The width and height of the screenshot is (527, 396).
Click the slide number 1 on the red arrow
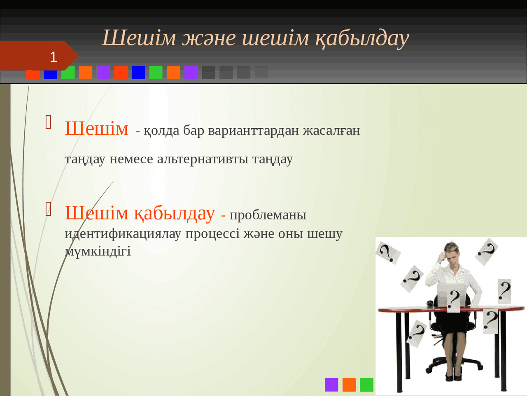pos(54,57)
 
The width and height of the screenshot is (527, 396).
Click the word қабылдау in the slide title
pos(362,38)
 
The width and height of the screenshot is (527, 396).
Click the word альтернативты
pos(203,159)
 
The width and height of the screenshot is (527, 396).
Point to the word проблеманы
pos(268,215)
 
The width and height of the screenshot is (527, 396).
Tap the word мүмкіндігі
pos(98,251)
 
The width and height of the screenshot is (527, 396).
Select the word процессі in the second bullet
pos(212,233)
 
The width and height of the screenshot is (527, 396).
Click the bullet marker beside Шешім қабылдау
pos(49,209)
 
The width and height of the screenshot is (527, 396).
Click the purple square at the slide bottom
pos(331,385)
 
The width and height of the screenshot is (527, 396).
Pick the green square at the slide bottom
pos(366,385)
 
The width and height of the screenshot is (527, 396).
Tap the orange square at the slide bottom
pos(349,385)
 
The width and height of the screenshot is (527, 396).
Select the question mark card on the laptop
pos(454,300)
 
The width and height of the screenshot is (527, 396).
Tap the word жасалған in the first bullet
pos(331,130)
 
